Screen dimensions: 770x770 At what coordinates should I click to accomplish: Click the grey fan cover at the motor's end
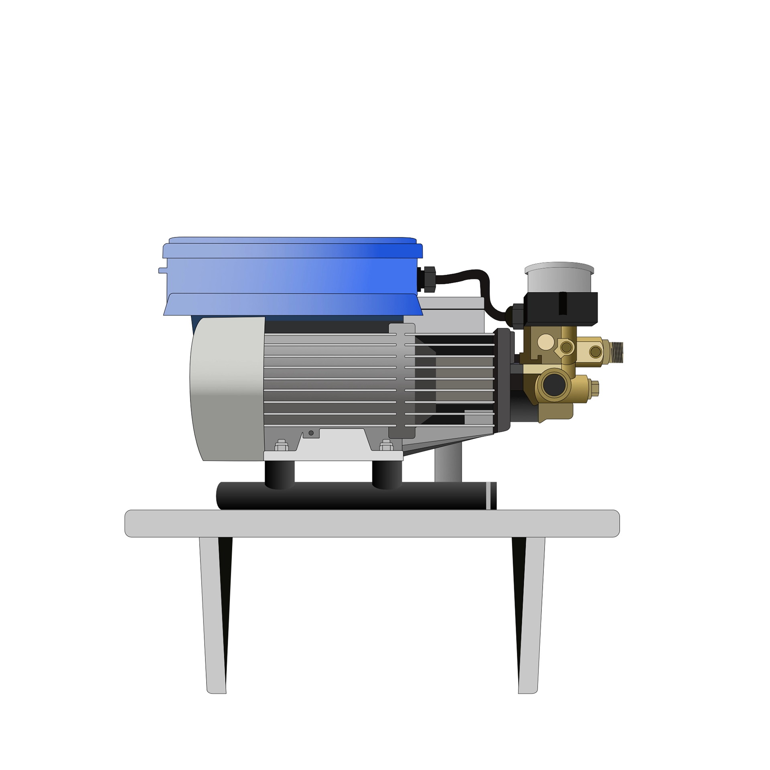coord(227,389)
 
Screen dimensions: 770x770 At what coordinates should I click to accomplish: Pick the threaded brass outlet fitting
coord(617,353)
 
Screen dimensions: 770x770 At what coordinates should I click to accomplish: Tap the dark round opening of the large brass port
coord(554,385)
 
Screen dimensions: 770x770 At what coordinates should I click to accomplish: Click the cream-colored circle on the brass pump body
coord(545,342)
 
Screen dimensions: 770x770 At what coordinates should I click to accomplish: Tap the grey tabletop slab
coord(372,523)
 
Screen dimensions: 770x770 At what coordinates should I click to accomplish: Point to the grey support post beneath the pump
coord(448,465)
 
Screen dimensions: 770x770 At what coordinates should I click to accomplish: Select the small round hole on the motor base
coord(311,433)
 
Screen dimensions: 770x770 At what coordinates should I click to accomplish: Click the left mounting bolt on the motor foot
coord(282,446)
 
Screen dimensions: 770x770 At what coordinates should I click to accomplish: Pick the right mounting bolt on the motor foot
coord(386,446)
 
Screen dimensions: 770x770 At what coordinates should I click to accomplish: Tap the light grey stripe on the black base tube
coord(488,495)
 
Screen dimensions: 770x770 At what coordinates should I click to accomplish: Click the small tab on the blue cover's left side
coord(162,271)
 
